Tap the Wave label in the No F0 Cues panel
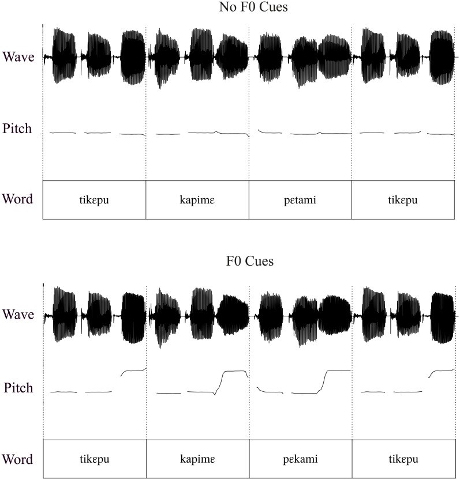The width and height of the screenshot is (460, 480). coord(18,56)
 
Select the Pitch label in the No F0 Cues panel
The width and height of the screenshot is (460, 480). coord(17,127)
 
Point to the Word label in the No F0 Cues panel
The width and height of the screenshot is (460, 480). coord(17,199)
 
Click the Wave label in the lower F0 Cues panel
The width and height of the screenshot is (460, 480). coord(18,315)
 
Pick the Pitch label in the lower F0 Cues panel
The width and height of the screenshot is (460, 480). coord(17,387)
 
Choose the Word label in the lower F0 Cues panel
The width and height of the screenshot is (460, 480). coord(17,459)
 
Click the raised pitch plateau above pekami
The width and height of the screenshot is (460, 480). coord(338,371)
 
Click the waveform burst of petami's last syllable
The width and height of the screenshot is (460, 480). coord(334,56)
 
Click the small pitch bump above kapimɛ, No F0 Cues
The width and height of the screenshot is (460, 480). coord(216,131)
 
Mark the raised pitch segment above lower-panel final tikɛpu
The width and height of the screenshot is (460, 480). coord(442,371)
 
